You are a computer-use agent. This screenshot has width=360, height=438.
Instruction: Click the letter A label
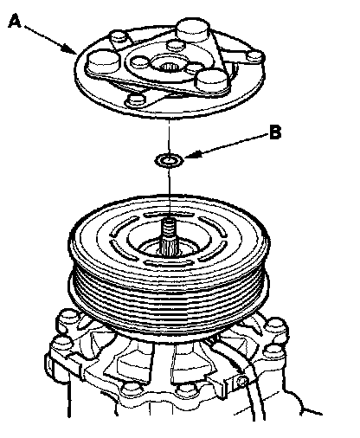[15, 22]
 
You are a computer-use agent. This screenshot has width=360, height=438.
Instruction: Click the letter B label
[275, 132]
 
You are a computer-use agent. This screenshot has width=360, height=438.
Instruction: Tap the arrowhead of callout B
[190, 155]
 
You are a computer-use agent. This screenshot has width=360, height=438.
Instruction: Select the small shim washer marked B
[170, 159]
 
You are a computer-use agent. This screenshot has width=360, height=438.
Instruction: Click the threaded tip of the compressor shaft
[170, 226]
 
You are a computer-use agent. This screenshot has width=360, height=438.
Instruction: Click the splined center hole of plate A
[170, 68]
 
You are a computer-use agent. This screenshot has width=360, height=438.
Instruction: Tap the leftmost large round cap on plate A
[103, 61]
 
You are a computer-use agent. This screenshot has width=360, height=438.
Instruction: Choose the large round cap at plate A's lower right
[212, 80]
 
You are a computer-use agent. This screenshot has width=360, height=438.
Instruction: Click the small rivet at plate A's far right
[254, 56]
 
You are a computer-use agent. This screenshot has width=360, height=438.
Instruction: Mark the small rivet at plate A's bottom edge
[136, 100]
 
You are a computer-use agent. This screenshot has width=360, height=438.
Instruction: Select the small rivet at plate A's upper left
[119, 37]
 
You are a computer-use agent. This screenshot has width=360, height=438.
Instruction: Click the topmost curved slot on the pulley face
[169, 215]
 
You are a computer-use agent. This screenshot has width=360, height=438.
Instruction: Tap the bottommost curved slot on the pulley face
[169, 262]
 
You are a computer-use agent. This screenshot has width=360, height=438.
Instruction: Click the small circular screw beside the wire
[241, 383]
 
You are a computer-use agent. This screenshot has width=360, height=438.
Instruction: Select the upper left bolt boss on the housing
[67, 317]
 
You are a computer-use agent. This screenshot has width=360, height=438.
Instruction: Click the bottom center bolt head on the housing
[184, 392]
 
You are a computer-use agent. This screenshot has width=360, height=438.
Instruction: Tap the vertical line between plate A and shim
[170, 136]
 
